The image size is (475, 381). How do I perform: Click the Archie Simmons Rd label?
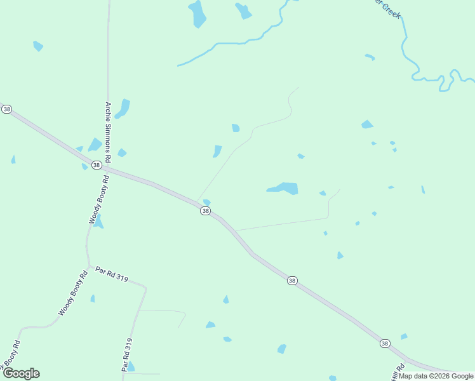coord(108,132)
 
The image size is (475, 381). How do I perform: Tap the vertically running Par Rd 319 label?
coord(128,354)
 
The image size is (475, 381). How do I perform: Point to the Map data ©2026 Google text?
coord(436,376)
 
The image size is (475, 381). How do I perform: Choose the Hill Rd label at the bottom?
coord(398,373)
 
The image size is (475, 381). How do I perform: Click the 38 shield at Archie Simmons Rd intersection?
coord(96,165)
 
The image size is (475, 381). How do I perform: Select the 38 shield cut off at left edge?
coord(6,109)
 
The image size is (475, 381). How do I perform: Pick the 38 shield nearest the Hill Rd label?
coord(385,343)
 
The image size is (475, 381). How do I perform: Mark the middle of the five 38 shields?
coord(205,211)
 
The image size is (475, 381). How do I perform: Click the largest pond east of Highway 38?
coord(284,188)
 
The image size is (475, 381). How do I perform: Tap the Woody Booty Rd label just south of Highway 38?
coord(100,200)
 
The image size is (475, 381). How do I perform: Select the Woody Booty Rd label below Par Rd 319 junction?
coord(73,293)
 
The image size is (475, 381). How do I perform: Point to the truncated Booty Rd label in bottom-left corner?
coord(11,354)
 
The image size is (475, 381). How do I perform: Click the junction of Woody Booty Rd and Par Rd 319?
coord(90,265)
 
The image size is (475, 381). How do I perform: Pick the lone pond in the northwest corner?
coord(38,46)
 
